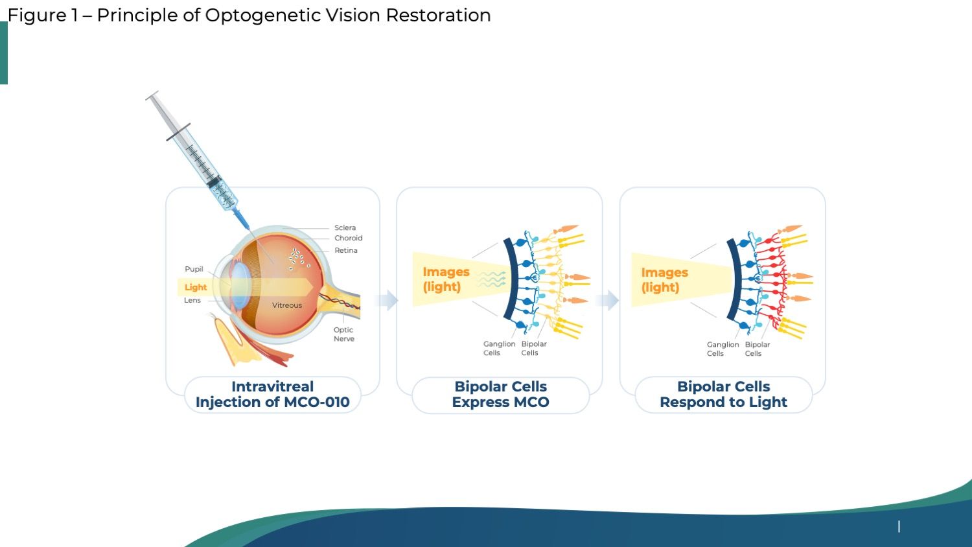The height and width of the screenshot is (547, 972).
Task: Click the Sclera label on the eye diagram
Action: [x=345, y=227]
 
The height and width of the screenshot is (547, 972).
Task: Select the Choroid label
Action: [x=348, y=238]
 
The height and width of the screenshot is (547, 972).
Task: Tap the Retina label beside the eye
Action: [x=345, y=250]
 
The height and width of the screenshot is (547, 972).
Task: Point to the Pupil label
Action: [x=194, y=269]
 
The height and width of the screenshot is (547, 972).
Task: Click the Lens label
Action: [x=192, y=300]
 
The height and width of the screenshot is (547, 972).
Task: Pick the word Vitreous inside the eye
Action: [x=287, y=305]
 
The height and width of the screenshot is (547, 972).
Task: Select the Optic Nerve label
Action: [x=343, y=334]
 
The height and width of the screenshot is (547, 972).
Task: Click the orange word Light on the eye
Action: [x=196, y=287]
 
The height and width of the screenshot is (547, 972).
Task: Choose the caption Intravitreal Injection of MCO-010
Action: [x=272, y=394]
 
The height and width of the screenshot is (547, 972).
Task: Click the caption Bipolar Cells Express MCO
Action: [x=500, y=394]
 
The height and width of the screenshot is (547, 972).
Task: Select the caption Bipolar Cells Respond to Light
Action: [x=723, y=394]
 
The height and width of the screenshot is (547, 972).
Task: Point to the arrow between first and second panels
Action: [x=388, y=300]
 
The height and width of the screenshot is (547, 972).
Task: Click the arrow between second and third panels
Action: [x=608, y=300]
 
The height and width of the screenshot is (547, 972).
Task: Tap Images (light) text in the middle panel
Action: [x=446, y=279]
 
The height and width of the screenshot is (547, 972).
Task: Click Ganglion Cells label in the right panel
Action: [x=723, y=349]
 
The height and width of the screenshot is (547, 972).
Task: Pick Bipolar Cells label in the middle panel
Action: [x=534, y=348]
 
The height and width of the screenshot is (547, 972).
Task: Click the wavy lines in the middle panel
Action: [x=492, y=279]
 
